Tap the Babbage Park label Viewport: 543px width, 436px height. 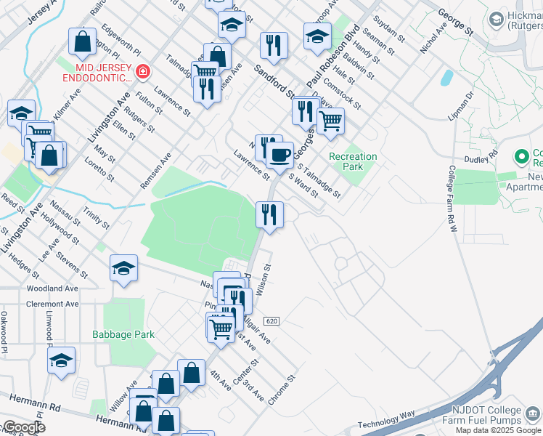(123, 334)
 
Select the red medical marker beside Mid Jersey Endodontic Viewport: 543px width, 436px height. (142, 71)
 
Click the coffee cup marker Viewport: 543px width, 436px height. (279, 154)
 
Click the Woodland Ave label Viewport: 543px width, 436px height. (52, 288)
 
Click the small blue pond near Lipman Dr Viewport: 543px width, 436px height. (446, 77)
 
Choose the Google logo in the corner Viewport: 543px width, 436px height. (23, 428)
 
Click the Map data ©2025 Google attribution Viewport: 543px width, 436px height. (498, 430)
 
